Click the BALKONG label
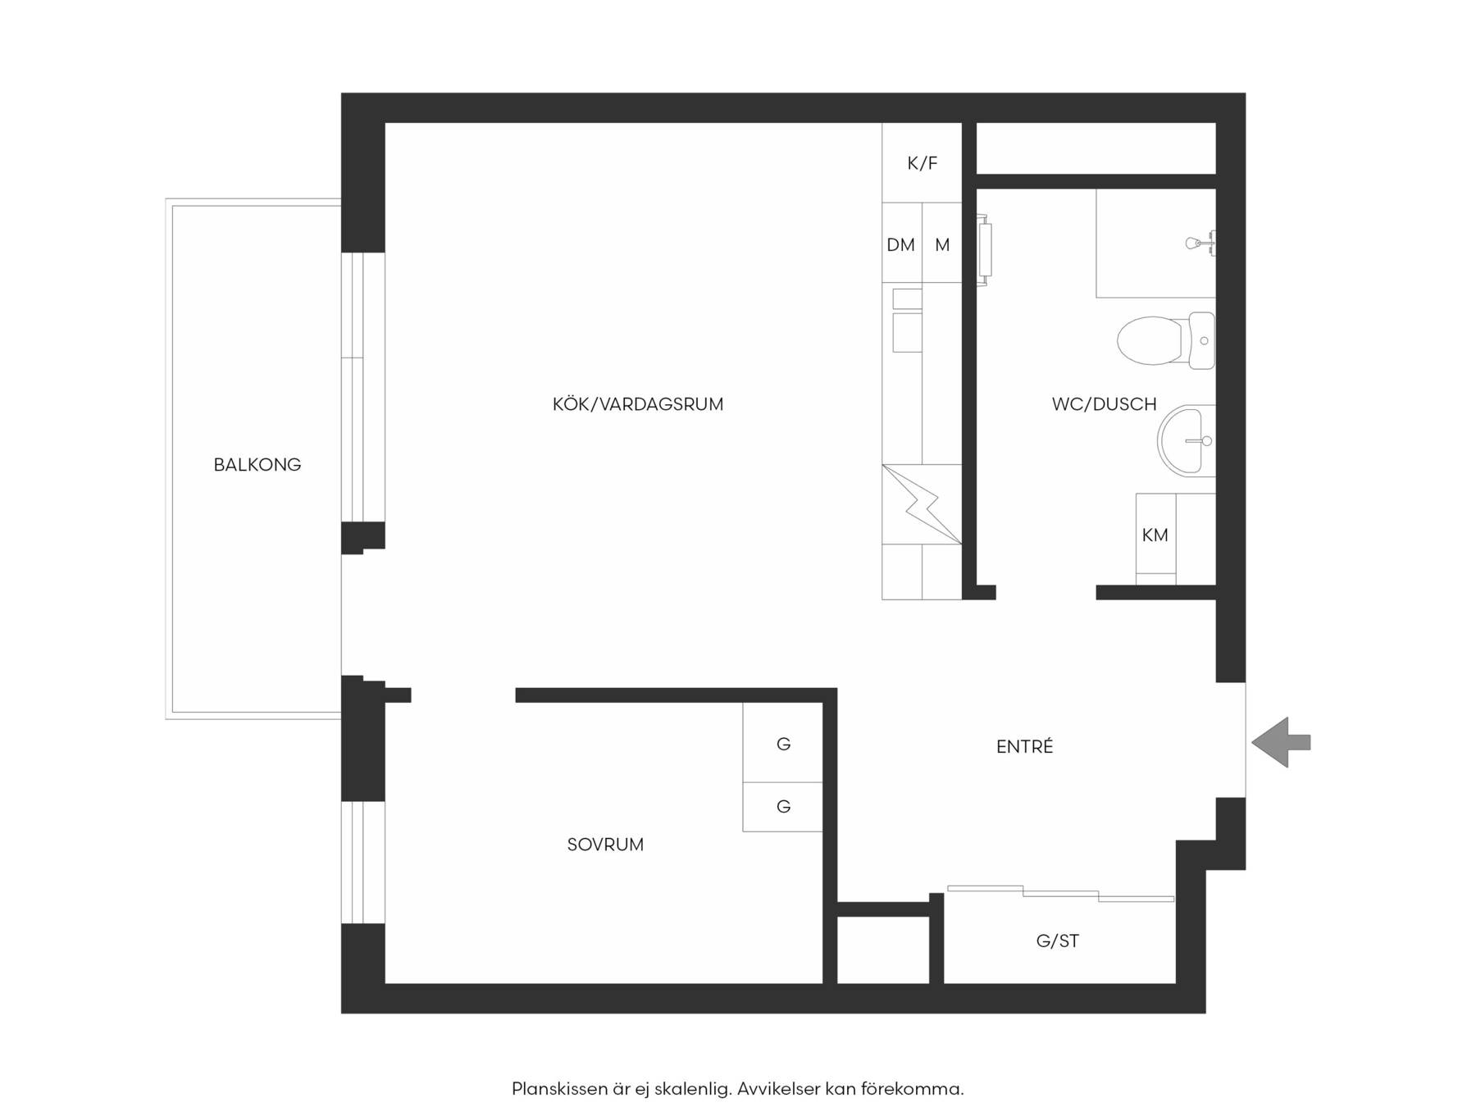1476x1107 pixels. [257, 465]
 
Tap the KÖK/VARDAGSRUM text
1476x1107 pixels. [638, 404]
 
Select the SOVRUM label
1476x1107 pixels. [605, 845]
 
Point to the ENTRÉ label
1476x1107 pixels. [1024, 746]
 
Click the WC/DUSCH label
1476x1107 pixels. [1104, 404]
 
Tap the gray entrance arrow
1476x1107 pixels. [1281, 742]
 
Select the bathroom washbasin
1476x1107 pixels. [1186, 440]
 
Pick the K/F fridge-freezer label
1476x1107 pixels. [922, 163]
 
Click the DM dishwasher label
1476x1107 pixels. [900, 244]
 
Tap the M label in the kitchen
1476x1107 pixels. [942, 244]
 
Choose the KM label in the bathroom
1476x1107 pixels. [1155, 535]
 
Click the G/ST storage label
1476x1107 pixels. [1057, 941]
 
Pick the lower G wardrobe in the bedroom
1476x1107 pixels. [783, 807]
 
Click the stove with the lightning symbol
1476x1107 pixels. [922, 504]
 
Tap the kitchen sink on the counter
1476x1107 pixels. [907, 320]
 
